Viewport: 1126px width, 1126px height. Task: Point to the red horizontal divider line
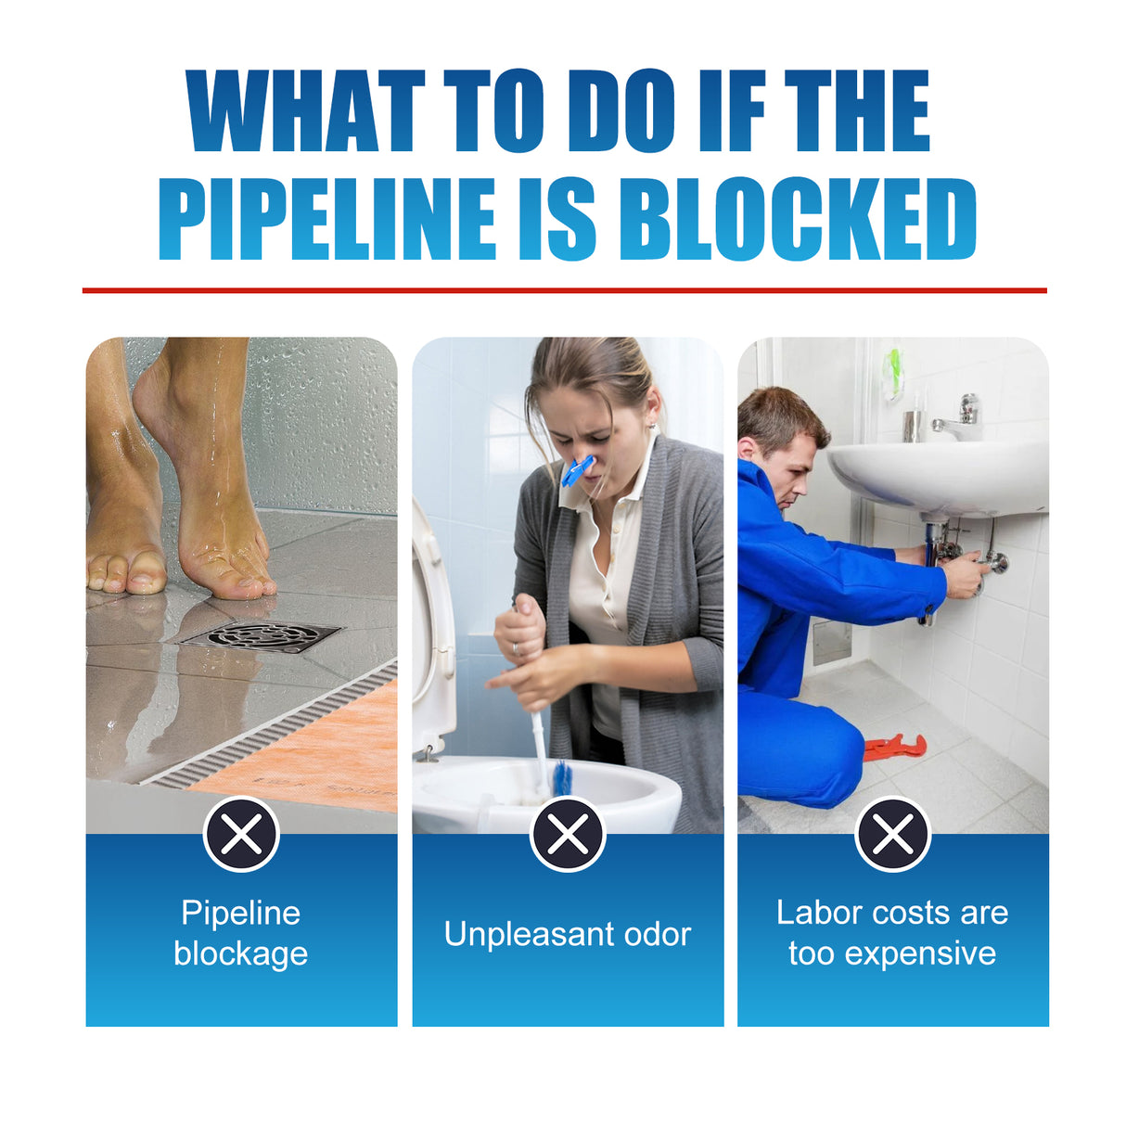coord(564,290)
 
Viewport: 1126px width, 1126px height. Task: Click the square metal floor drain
coord(262,636)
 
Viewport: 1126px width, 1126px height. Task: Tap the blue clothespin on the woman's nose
coord(577,470)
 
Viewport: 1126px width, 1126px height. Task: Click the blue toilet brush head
coord(561,777)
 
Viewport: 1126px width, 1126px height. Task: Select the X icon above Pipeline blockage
coord(241,835)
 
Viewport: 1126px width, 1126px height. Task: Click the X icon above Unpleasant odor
coord(568,835)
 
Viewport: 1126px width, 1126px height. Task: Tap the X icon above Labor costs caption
coord(893,835)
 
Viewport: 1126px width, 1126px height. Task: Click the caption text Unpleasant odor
coord(568,934)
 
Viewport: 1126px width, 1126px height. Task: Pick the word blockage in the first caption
coord(241,953)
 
